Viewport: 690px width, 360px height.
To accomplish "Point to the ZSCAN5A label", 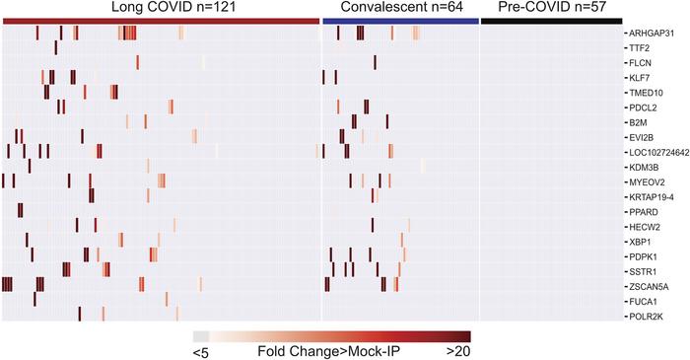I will click(648, 287).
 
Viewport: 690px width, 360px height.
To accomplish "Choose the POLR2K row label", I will click(645, 317).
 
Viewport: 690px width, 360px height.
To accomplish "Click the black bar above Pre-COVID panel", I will click(551, 21).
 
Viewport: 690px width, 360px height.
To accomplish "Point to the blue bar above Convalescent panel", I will click(399, 21).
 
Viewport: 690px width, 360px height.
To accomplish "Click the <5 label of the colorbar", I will click(202, 350).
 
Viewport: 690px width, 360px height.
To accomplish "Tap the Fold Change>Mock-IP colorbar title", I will click(329, 350).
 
